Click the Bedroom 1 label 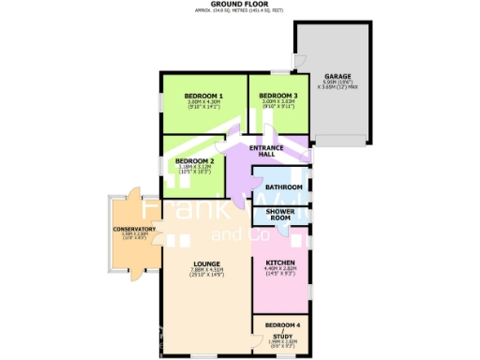203,97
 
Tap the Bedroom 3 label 278,97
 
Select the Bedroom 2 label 195,161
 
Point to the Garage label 337,77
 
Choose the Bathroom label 283,187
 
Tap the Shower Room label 281,215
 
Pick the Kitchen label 281,262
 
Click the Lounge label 206,264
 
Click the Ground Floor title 240,5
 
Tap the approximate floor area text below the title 240,12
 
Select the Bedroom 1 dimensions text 203,106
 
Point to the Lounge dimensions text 206,274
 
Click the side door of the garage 298,61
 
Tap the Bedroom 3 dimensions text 278,106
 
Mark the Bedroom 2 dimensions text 195,171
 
